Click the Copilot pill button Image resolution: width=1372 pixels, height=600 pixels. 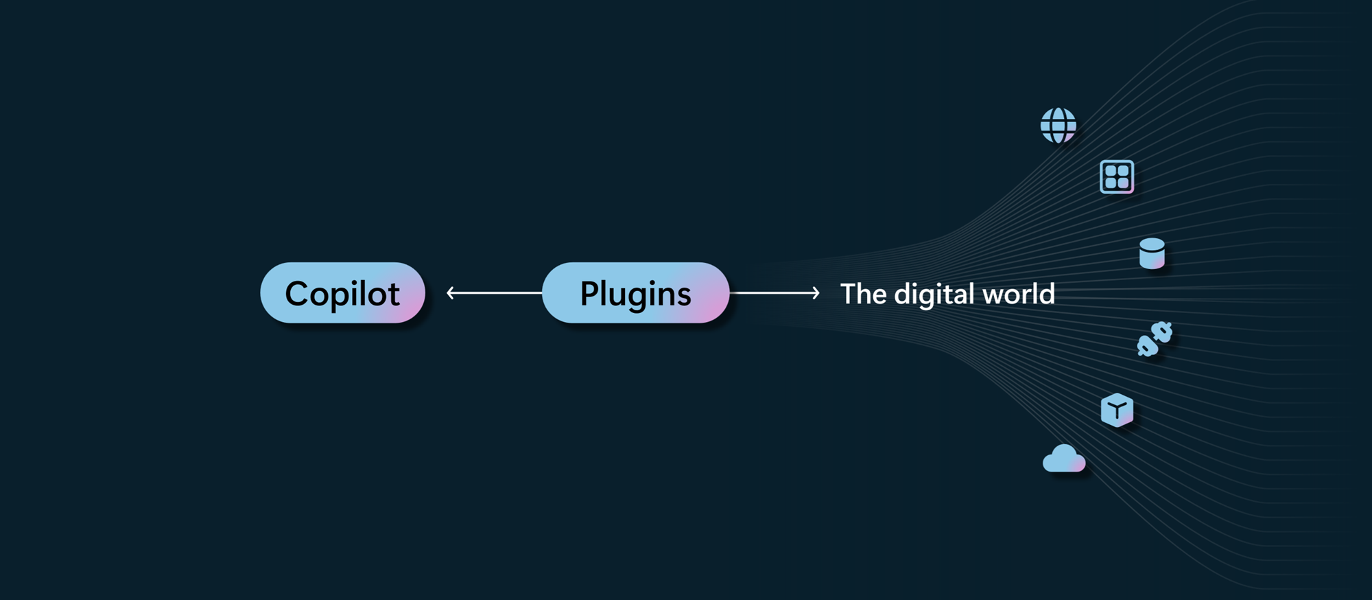click(x=342, y=293)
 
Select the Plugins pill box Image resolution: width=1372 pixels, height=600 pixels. click(x=635, y=293)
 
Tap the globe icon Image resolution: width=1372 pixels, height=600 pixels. click(x=1058, y=126)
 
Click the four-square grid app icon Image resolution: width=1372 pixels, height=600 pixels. click(x=1116, y=176)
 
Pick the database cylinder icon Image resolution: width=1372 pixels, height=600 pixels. click(x=1152, y=253)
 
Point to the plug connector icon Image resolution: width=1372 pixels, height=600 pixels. click(x=1155, y=339)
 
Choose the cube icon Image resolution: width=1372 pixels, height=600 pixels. click(x=1117, y=411)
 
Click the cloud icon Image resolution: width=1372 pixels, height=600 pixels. click(x=1063, y=459)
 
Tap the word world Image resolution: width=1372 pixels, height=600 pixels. click(x=1018, y=294)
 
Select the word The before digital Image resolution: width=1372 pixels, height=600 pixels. click(x=863, y=294)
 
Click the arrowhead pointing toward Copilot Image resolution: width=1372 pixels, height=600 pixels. click(x=450, y=293)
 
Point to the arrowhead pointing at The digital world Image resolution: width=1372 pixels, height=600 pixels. click(x=816, y=293)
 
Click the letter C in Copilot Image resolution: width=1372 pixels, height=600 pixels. click(x=298, y=294)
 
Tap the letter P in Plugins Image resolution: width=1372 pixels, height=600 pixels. click(x=589, y=294)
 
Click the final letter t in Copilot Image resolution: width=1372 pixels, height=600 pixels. click(x=394, y=295)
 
